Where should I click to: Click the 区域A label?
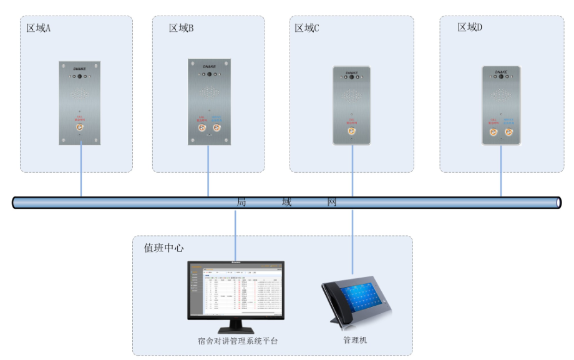tap(38, 28)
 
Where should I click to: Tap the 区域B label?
tap(181, 28)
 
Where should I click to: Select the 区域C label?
tap(307, 28)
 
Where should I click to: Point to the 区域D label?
tap(470, 27)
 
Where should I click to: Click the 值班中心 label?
tap(163, 248)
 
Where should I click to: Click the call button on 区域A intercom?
tap(80, 128)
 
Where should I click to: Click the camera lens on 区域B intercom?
tap(209, 74)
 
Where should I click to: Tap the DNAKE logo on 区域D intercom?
tap(501, 72)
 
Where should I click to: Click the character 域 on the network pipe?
tap(286, 202)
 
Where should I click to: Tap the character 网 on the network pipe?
tap(333, 202)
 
